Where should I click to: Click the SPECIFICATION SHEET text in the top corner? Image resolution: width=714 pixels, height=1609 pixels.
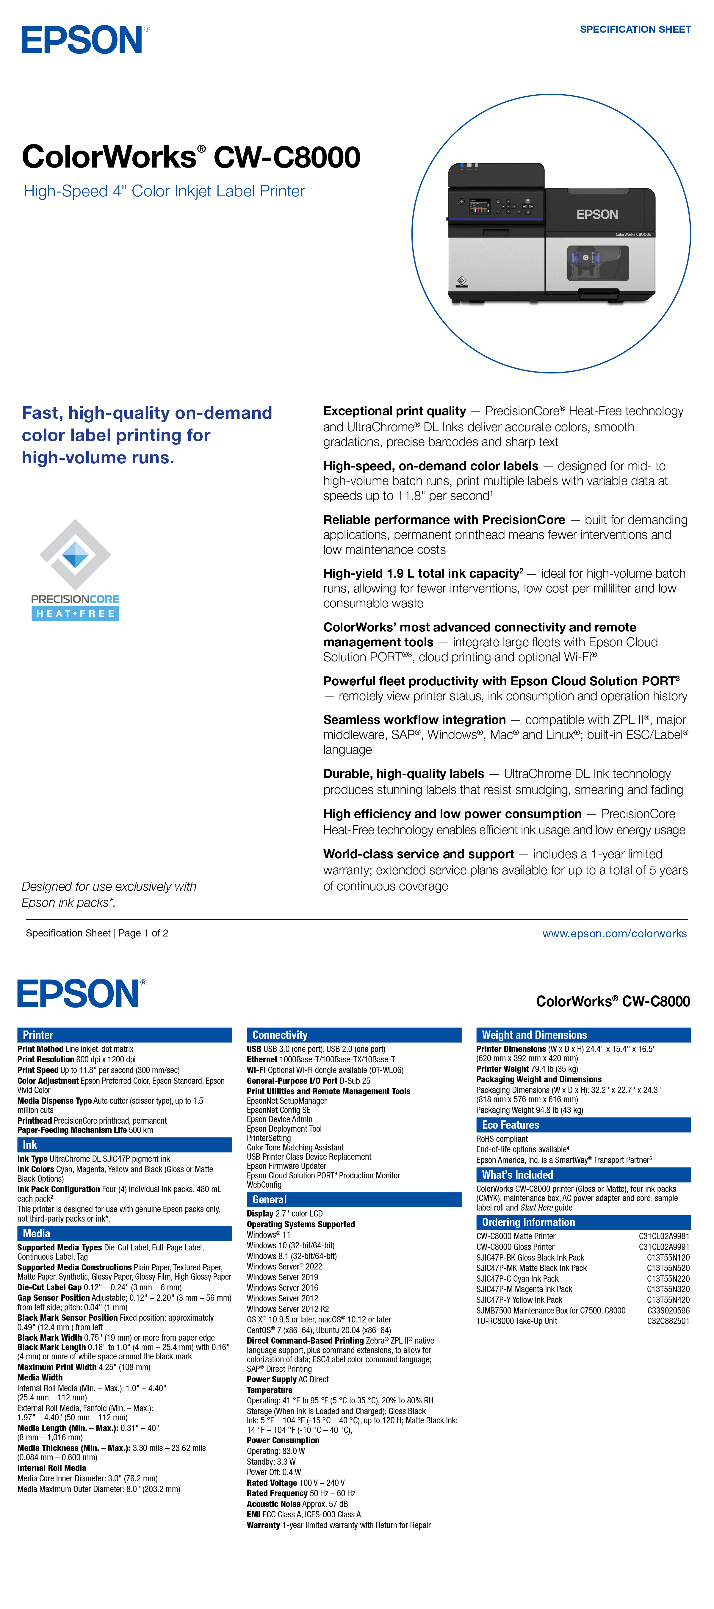[x=635, y=29]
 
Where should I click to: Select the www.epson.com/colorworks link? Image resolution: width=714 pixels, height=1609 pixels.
[x=614, y=933]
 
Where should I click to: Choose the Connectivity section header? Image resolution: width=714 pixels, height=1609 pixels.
[x=353, y=1035]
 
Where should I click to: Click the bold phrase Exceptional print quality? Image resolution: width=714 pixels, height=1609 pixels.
[x=394, y=411]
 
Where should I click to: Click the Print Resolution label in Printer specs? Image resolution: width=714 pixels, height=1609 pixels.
[x=46, y=1059]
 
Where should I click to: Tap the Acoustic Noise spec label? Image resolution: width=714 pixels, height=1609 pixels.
[x=273, y=1504]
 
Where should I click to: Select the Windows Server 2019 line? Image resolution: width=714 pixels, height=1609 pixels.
[x=282, y=1277]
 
